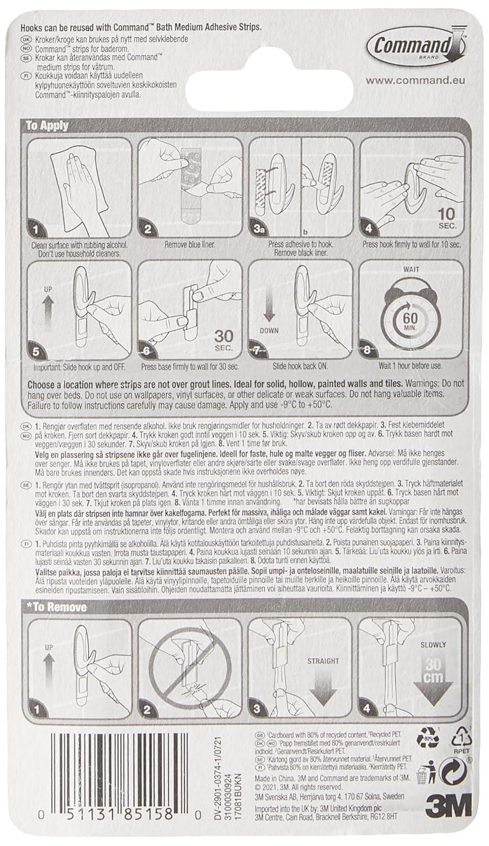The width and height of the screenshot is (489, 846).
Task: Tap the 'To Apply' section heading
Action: (x=47, y=126)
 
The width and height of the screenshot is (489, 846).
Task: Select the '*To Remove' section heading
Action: (x=56, y=607)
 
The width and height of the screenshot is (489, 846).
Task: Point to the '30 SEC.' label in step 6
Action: (x=224, y=340)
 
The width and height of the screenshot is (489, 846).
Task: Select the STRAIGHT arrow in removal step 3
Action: (x=324, y=685)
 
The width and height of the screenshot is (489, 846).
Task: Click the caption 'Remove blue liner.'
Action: (x=190, y=245)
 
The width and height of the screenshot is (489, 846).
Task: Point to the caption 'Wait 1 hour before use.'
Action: (x=411, y=366)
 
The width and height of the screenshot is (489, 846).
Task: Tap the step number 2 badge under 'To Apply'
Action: (x=148, y=230)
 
